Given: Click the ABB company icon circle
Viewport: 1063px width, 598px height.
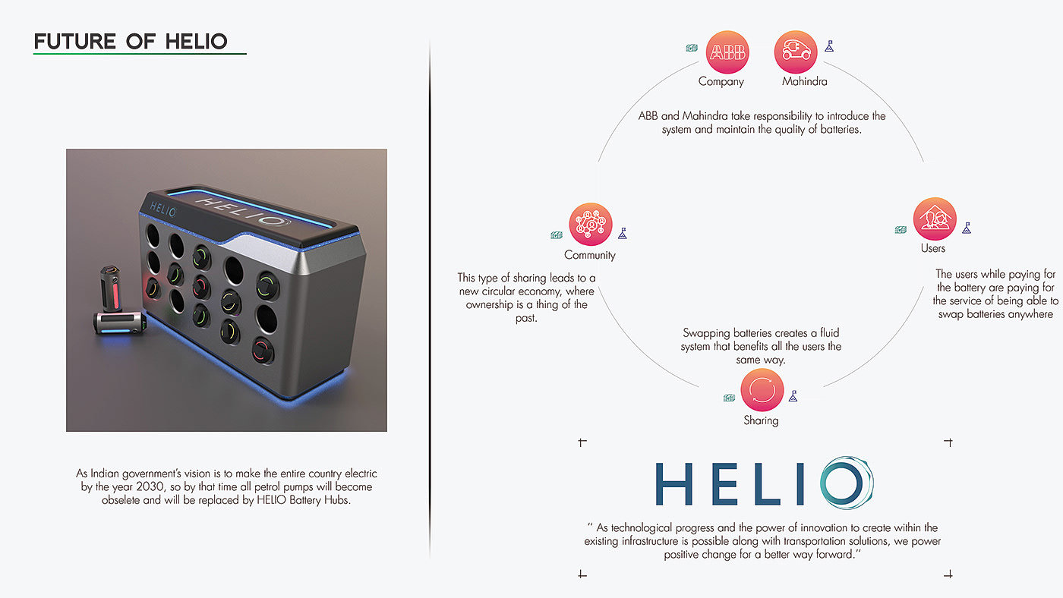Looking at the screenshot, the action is pyautogui.click(x=727, y=52).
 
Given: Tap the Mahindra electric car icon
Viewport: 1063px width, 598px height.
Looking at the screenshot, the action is pyautogui.click(x=796, y=52).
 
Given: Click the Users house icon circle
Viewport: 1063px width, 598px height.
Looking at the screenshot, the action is pyautogui.click(x=935, y=219).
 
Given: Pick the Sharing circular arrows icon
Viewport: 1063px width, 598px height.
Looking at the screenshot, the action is pyautogui.click(x=761, y=391).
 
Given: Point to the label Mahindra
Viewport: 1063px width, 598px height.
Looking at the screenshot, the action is pyautogui.click(x=805, y=81).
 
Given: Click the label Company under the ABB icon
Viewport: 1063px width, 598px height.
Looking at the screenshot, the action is pyautogui.click(x=721, y=81).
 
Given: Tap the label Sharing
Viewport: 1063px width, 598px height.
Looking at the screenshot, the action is pyautogui.click(x=761, y=420).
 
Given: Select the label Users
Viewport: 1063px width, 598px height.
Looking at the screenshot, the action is pyautogui.click(x=933, y=248).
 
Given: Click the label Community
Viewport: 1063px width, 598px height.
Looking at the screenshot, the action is pyautogui.click(x=590, y=255).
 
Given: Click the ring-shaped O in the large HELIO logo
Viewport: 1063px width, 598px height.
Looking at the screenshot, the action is pyautogui.click(x=844, y=483).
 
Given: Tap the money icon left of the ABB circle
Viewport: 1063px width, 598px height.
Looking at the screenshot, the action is pyautogui.click(x=692, y=48).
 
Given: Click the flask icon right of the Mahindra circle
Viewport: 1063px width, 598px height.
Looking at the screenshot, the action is pyautogui.click(x=829, y=47).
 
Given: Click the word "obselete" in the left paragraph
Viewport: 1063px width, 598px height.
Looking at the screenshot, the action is pyautogui.click(x=121, y=502).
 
